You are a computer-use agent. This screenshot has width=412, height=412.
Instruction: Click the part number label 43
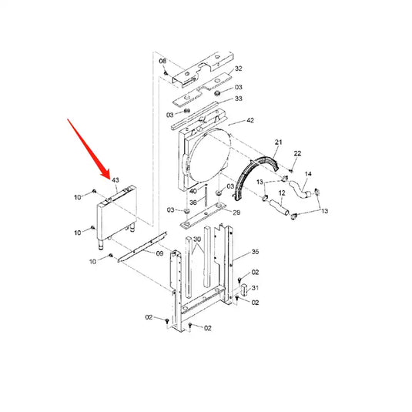(116, 180)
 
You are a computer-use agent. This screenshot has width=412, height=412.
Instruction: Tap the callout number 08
(162, 60)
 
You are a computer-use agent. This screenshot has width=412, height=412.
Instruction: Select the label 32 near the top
(239, 69)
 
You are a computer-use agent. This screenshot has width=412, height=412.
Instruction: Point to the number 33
(239, 99)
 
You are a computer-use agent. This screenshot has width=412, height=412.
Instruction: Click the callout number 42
(250, 121)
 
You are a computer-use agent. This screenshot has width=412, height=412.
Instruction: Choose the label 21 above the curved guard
(279, 143)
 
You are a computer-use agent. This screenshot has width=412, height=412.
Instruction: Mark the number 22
(298, 155)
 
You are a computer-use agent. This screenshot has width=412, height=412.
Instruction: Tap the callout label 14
(309, 174)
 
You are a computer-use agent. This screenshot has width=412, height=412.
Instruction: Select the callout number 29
(236, 212)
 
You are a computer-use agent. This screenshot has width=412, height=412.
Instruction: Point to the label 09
(160, 253)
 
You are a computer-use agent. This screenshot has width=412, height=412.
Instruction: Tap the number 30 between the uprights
(198, 239)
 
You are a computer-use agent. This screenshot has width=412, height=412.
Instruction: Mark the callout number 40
(193, 191)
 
